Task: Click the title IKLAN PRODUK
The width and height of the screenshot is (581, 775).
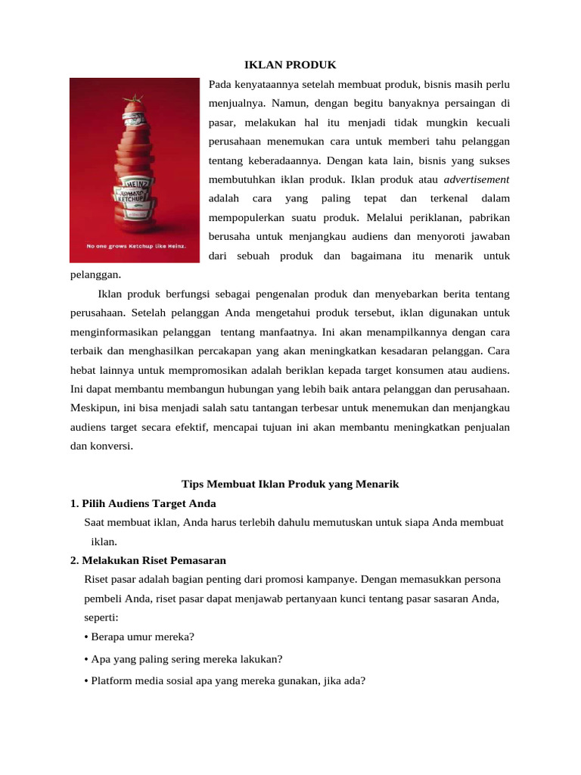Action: click(290, 65)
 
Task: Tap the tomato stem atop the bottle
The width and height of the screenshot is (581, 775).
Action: click(136, 97)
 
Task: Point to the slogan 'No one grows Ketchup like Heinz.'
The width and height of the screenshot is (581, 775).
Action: click(135, 246)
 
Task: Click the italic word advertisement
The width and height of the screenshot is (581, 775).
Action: click(477, 179)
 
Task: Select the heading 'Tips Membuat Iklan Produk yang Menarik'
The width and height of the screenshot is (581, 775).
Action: click(290, 484)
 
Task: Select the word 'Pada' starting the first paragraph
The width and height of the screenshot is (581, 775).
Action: click(220, 83)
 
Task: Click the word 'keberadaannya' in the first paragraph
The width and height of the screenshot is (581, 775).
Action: click(283, 160)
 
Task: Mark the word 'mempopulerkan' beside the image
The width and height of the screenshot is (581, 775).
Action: click(245, 217)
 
